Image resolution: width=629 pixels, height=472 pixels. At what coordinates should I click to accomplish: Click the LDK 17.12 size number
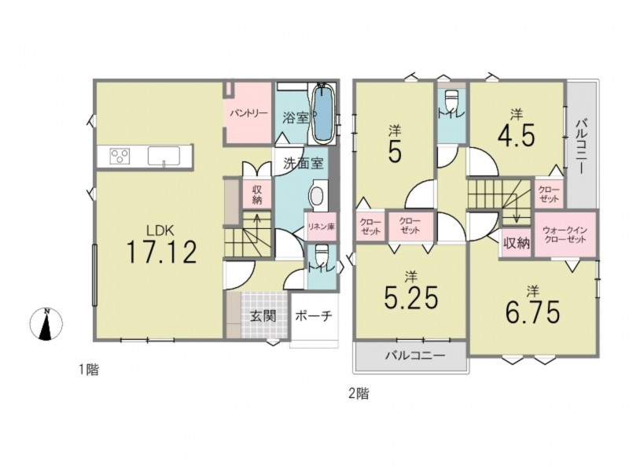[162, 252]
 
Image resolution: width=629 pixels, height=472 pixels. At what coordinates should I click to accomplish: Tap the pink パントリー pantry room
[248, 112]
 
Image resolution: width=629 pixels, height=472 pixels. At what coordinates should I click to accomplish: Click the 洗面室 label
[303, 164]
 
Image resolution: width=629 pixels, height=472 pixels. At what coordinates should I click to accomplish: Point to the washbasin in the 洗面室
[318, 196]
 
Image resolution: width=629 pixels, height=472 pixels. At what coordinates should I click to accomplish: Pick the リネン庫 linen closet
[321, 227]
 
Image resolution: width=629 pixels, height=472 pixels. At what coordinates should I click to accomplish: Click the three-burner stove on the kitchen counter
[120, 155]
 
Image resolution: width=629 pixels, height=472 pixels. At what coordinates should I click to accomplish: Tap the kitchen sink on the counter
[164, 155]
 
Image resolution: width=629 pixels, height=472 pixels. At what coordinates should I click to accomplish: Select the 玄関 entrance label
[263, 316]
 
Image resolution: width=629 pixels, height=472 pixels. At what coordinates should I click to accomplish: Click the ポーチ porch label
[313, 316]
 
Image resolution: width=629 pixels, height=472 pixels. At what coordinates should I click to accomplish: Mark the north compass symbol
[46, 323]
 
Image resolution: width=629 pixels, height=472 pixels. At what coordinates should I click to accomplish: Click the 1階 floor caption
[88, 369]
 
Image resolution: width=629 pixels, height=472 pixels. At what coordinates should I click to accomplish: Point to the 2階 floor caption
[359, 393]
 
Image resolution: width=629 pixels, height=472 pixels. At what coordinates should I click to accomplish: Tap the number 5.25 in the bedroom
[410, 298]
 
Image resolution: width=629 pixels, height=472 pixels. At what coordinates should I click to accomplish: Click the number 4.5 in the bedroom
[517, 137]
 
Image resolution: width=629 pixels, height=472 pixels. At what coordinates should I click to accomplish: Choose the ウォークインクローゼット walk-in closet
[565, 234]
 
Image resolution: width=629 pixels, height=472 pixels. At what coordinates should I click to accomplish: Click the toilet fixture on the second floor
[451, 98]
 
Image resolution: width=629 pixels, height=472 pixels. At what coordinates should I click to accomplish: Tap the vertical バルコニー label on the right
[581, 146]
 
